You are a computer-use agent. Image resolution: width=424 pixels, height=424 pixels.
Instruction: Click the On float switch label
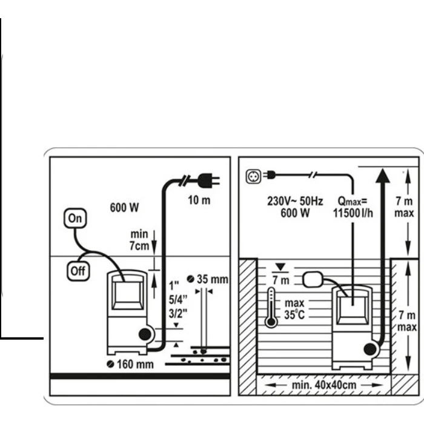[75, 218]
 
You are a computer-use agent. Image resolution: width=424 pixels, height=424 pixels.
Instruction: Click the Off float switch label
[78, 271]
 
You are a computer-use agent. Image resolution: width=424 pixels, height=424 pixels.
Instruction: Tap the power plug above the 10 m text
[208, 181]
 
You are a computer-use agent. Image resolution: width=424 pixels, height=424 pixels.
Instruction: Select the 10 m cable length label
[199, 200]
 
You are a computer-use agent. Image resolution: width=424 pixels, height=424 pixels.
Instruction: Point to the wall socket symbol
[253, 177]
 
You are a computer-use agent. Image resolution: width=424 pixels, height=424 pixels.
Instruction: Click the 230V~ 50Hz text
[295, 201]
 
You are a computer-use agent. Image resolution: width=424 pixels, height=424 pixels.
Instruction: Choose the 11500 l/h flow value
[353, 213]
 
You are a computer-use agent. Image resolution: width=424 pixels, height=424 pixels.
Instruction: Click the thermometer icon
[271, 308]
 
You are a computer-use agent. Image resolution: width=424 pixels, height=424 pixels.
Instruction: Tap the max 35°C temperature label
[294, 309]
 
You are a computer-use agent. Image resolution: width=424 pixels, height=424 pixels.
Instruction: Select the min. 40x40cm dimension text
[324, 385]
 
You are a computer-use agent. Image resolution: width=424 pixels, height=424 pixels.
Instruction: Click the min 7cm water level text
[139, 240]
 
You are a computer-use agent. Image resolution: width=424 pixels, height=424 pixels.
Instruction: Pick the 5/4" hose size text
[178, 300]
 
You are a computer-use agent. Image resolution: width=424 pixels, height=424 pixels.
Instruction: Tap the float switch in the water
[313, 280]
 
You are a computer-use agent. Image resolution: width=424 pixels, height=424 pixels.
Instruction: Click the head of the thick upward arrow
[383, 176]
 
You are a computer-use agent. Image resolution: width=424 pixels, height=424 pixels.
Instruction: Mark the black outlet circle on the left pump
[145, 334]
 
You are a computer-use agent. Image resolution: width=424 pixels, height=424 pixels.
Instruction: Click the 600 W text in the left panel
[124, 208]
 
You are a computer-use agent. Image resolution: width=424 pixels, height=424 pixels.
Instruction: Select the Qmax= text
[353, 202]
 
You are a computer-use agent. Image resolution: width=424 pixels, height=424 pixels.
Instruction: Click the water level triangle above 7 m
[280, 267]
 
